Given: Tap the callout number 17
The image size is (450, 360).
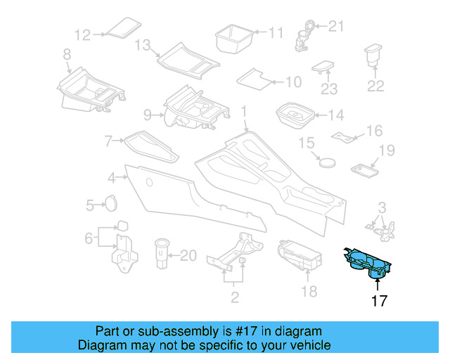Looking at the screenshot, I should (x=379, y=302).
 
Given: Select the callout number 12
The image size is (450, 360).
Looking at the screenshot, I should (x=83, y=34).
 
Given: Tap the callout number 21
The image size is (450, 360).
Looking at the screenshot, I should (x=337, y=27).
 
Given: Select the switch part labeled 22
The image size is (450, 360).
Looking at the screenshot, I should (x=373, y=57).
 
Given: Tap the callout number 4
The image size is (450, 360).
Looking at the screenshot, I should (x=112, y=177).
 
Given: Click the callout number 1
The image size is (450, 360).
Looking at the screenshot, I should (x=244, y=111).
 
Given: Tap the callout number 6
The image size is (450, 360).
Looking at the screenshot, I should (x=89, y=238).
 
